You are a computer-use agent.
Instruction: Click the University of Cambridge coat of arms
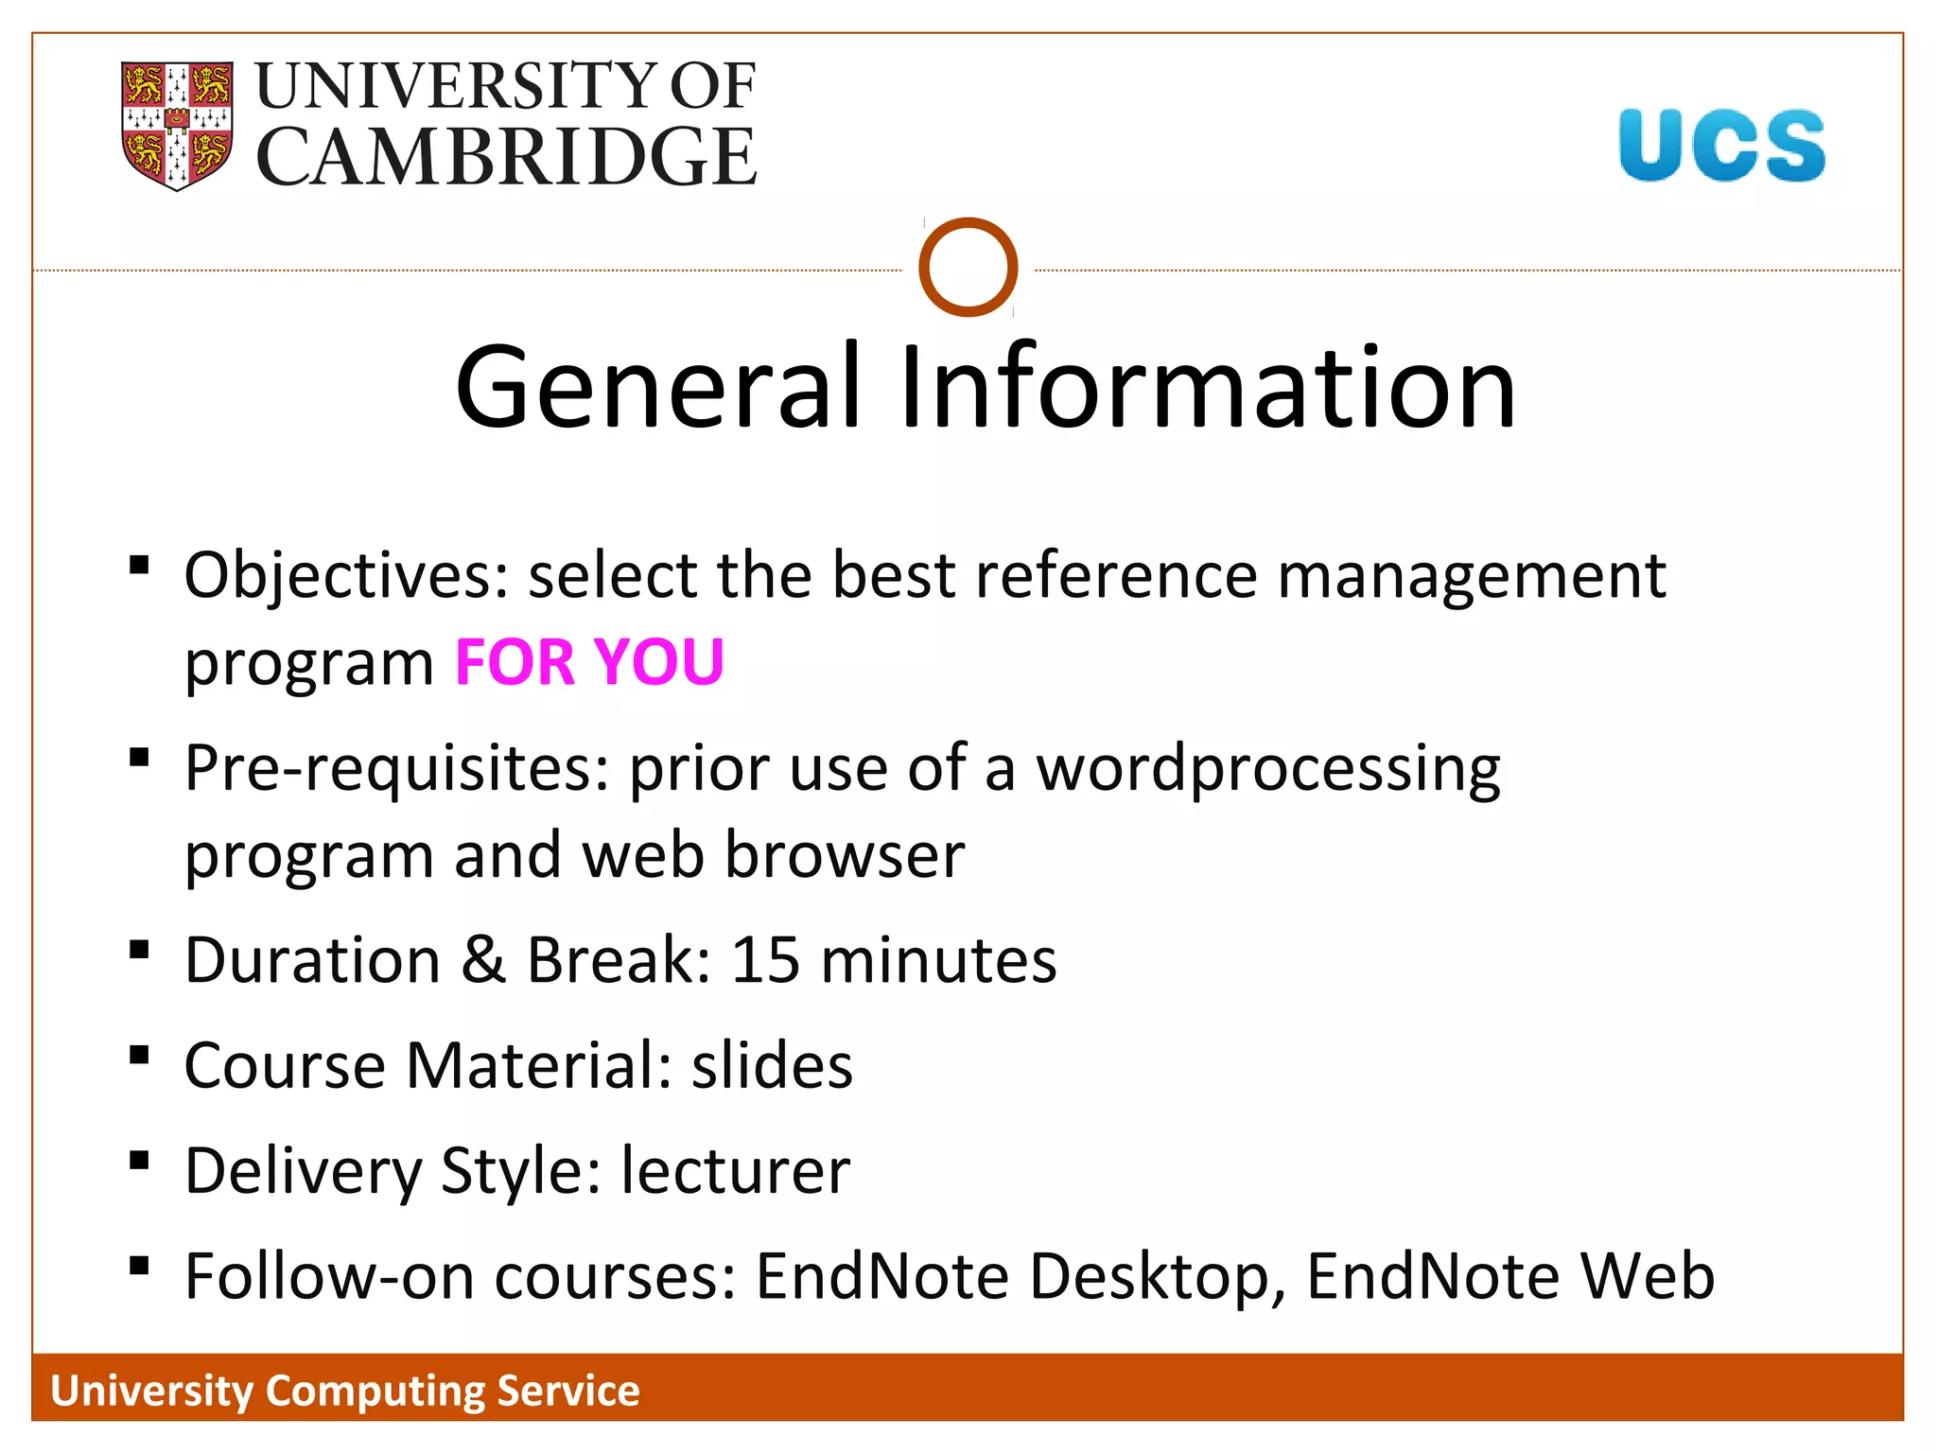coord(177,125)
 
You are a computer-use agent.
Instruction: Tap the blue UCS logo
coord(1721,145)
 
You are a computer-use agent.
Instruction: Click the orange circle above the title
coord(968,268)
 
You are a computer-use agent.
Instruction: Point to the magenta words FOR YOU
coord(589,661)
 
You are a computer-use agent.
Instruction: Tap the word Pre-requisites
coord(396,768)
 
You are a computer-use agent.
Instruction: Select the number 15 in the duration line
coord(765,960)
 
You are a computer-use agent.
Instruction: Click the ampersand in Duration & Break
coord(483,960)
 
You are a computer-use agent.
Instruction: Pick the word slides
coord(772,1066)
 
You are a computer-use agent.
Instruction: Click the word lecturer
coord(735,1171)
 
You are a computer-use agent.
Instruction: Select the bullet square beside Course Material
coord(140,1056)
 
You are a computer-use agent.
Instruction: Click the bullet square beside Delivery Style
coord(140,1161)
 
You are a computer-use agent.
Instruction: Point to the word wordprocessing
coord(1267,768)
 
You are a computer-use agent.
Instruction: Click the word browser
coord(845,855)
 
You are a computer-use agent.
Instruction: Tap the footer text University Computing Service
coord(345,1391)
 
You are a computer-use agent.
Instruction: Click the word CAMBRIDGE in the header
coord(506,156)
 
